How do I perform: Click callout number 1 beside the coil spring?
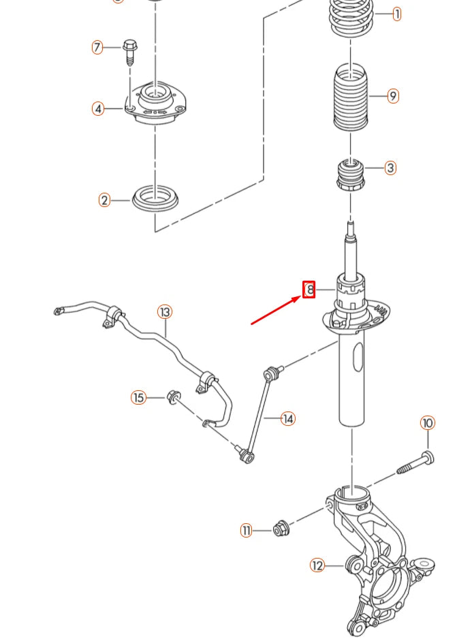tap(396, 14)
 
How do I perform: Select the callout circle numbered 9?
tap(393, 96)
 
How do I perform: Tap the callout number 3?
tap(390, 168)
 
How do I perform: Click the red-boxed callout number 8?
tap(309, 290)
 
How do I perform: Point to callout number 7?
tap(97, 48)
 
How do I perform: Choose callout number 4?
tap(99, 108)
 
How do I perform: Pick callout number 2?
tap(104, 200)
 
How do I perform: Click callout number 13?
tap(165, 312)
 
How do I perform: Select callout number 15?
tap(139, 397)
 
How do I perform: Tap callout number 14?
tap(288, 418)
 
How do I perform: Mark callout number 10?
tap(427, 423)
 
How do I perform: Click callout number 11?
tap(246, 531)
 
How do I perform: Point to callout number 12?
tap(317, 565)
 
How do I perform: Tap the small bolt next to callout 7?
tap(131, 51)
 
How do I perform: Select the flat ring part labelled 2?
tap(155, 198)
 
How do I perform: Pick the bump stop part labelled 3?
tap(351, 174)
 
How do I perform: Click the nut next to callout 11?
tap(279, 528)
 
